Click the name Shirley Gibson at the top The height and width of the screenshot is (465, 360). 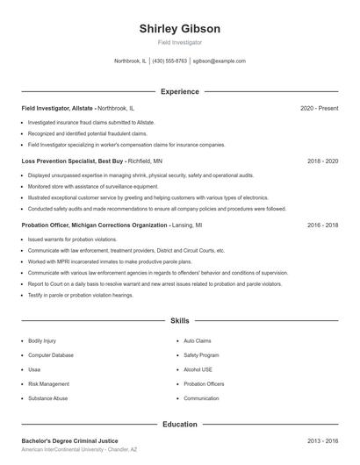pos(179,28)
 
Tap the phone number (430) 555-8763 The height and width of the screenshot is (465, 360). pos(169,61)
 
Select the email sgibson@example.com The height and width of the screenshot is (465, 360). pos(219,61)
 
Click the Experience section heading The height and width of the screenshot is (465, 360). pos(179,91)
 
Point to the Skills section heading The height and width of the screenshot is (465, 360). pos(179,321)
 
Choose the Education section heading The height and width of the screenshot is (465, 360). pos(179,424)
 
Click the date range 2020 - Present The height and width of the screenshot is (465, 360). pos(319,108)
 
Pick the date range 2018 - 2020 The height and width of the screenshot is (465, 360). pos(322,161)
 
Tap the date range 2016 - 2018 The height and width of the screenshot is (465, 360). pos(322,225)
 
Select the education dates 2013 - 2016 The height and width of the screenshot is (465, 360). pos(322,440)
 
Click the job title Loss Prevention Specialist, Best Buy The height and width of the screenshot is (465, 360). pos(73,161)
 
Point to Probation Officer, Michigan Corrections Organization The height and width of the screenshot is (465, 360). pos(95,225)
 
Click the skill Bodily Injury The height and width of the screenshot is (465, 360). pos(42,340)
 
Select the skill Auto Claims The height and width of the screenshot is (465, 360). pos(198,340)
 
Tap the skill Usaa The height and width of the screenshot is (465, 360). pos(35,369)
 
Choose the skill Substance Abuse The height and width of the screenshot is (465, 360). pos(47,398)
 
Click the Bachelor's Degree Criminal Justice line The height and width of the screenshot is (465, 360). pos(69,440)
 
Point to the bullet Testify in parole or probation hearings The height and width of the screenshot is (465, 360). pos(81,296)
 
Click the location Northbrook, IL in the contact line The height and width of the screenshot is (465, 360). pos(131,61)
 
